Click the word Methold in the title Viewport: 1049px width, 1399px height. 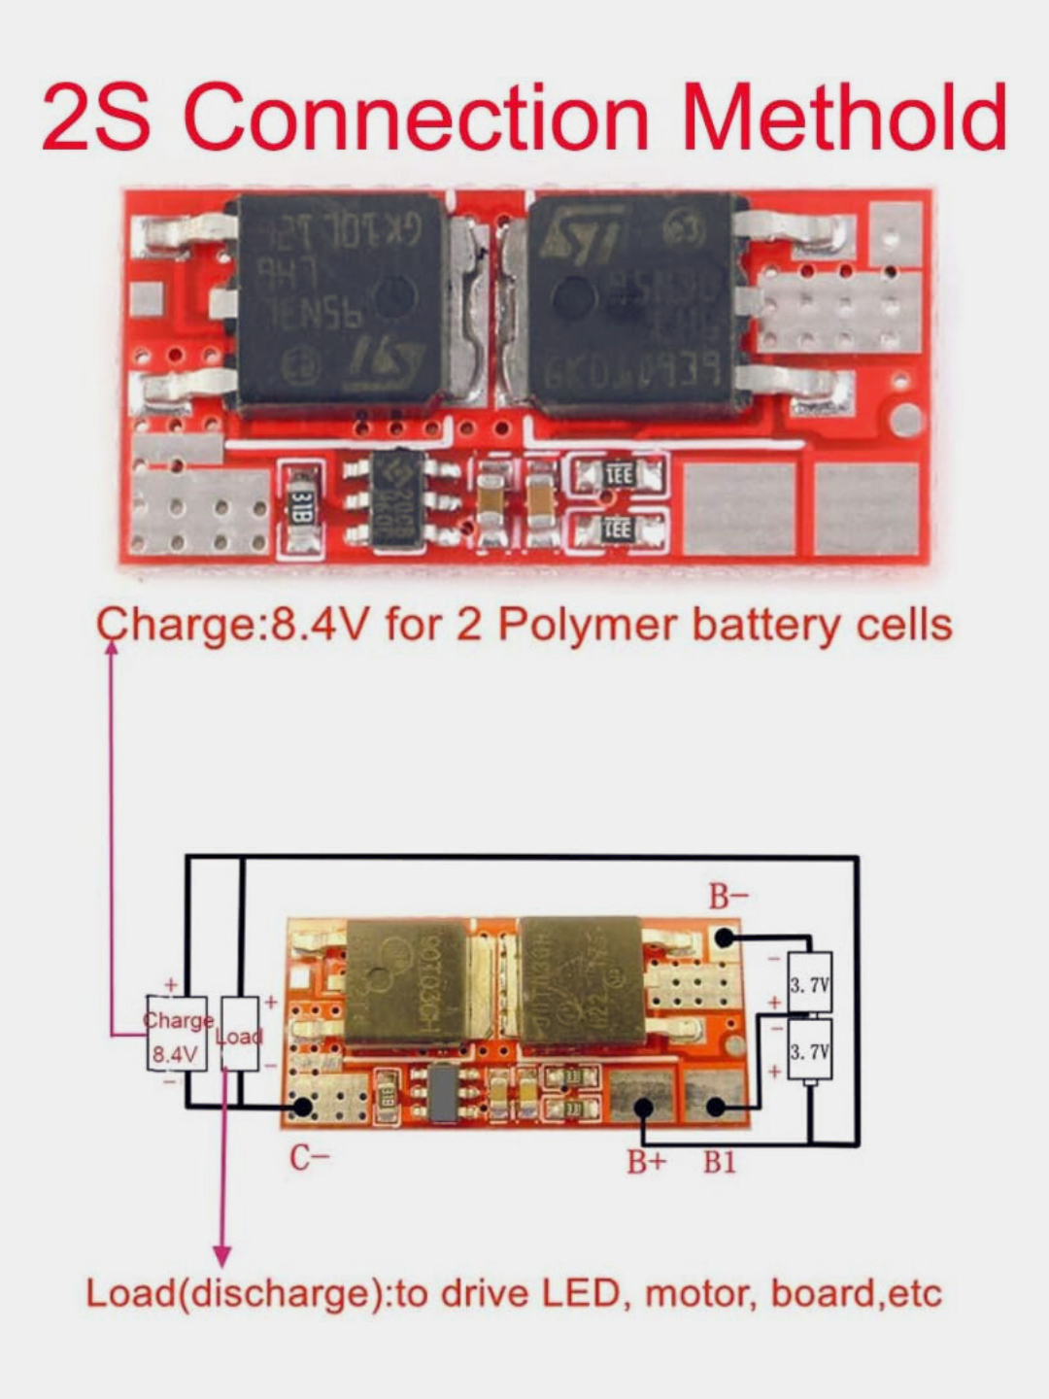pos(843,117)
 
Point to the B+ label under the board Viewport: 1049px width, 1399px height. pos(646,1161)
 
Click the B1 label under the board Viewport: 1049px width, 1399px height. pos(720,1161)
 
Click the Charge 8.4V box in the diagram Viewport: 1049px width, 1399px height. pos(177,1035)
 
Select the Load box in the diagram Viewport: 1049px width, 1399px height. pos(240,1035)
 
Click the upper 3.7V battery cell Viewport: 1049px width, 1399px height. pos(809,983)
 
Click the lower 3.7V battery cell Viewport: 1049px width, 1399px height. pos(809,1051)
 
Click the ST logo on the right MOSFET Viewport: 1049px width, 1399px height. pos(581,235)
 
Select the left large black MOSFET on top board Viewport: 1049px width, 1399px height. pos(340,303)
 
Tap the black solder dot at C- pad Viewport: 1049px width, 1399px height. pos(302,1106)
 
